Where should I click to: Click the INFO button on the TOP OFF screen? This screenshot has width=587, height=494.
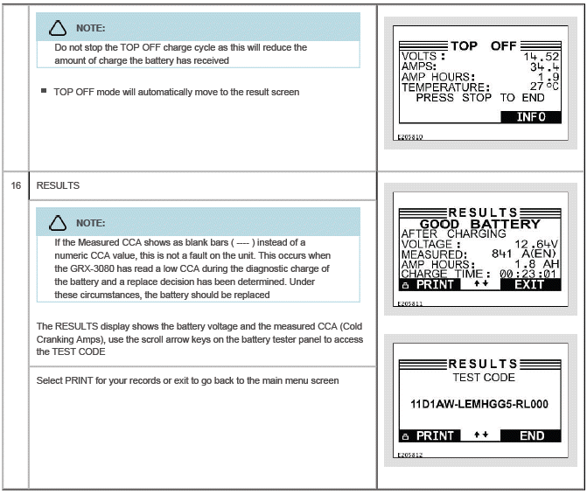(531, 117)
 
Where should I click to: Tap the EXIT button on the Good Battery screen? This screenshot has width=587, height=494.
(530, 285)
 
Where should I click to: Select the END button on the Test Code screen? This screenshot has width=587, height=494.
(531, 436)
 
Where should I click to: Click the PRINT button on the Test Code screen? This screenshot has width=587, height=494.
(430, 436)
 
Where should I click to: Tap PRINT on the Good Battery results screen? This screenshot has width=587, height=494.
(430, 285)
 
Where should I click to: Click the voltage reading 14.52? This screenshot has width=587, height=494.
(541, 57)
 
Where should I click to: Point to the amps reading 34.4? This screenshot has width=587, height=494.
(544, 67)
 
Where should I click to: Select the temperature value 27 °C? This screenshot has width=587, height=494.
(544, 87)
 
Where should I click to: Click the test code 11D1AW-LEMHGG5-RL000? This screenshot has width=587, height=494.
(479, 404)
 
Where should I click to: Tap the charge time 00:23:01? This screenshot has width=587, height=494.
(528, 274)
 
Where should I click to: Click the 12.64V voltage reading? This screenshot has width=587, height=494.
(536, 245)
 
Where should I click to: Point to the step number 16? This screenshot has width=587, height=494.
(16, 185)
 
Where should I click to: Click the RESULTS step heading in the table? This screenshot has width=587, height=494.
(58, 185)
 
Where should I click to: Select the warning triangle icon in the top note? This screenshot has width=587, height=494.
(58, 29)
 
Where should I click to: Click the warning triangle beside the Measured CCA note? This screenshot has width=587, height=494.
(58, 223)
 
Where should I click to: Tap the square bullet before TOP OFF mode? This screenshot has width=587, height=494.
(44, 91)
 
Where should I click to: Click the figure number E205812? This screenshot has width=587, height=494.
(410, 455)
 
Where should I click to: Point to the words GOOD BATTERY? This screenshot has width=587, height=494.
(480, 224)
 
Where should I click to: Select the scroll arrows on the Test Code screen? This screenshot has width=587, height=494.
(481, 435)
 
